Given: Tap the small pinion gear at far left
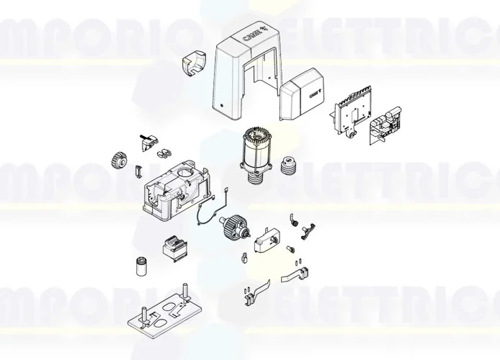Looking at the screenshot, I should click(119, 159).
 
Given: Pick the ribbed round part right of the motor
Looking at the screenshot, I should click(290, 166).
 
